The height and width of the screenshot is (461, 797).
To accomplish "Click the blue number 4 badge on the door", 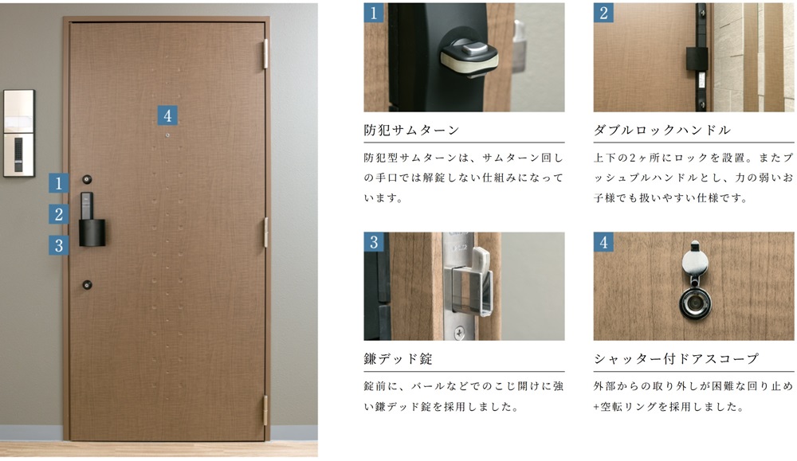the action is (x=167, y=115).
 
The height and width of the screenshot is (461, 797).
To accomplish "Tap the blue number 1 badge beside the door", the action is (x=59, y=183).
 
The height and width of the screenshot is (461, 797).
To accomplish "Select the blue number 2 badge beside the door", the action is (x=59, y=213).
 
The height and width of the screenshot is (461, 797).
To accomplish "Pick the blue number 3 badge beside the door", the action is (x=59, y=245).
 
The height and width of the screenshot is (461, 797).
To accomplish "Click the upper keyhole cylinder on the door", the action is (x=88, y=179).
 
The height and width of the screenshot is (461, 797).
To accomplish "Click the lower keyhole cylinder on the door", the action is (x=88, y=285).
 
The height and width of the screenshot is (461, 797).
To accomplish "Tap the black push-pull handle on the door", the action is (x=92, y=220).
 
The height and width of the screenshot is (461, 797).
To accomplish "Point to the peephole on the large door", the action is (x=167, y=135).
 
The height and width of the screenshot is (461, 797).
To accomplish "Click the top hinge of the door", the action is (x=265, y=54).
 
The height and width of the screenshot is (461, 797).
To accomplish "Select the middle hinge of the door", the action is (x=265, y=232).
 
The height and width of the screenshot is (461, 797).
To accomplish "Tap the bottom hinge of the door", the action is (x=265, y=410).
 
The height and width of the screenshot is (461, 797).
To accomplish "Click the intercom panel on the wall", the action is (x=19, y=133).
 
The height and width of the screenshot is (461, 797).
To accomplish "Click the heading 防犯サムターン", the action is (x=411, y=131).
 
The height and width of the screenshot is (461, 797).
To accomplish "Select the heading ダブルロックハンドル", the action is (x=662, y=131).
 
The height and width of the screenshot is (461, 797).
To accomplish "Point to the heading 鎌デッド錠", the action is (x=398, y=359).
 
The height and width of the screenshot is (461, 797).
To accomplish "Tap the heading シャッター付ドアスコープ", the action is (x=676, y=359).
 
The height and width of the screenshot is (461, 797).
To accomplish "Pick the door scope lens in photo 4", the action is (x=695, y=303).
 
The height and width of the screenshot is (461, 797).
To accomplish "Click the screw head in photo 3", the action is (x=460, y=333).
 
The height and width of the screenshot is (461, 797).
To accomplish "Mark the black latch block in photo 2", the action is (x=697, y=59).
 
